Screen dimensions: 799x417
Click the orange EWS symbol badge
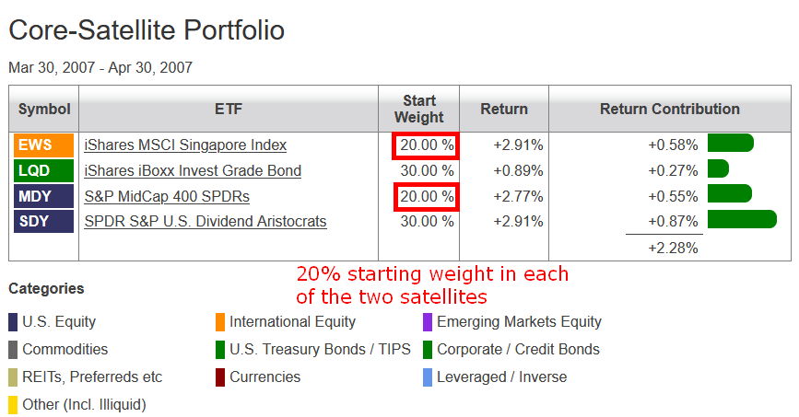coord(44,145)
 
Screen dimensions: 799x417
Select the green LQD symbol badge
coord(44,170)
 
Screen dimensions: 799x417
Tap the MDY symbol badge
coord(44,196)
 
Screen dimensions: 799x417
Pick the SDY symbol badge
coord(44,222)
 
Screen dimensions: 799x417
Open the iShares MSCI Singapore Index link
coord(185,145)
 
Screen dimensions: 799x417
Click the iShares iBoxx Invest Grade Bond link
coord(193,170)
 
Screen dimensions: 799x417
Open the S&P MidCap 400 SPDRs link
coord(167,197)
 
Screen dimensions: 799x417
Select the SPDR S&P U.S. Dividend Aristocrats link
coord(206,222)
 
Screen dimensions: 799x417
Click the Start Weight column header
coord(419,109)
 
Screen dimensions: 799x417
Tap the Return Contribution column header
coord(670,109)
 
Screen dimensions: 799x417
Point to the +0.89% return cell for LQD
coord(518,170)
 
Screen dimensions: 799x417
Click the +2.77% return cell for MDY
coord(518,197)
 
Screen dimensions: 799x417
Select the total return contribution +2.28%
coord(673,248)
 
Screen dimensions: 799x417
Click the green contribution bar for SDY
coord(743,219)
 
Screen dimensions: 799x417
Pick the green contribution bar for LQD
coord(719,168)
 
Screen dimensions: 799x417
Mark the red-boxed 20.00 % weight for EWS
coord(426,145)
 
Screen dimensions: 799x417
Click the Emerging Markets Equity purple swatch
coord(428,322)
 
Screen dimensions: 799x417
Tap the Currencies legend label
coord(265,376)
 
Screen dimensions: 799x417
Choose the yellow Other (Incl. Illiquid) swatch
coord(13,405)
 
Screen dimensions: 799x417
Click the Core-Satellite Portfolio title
coord(147,30)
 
